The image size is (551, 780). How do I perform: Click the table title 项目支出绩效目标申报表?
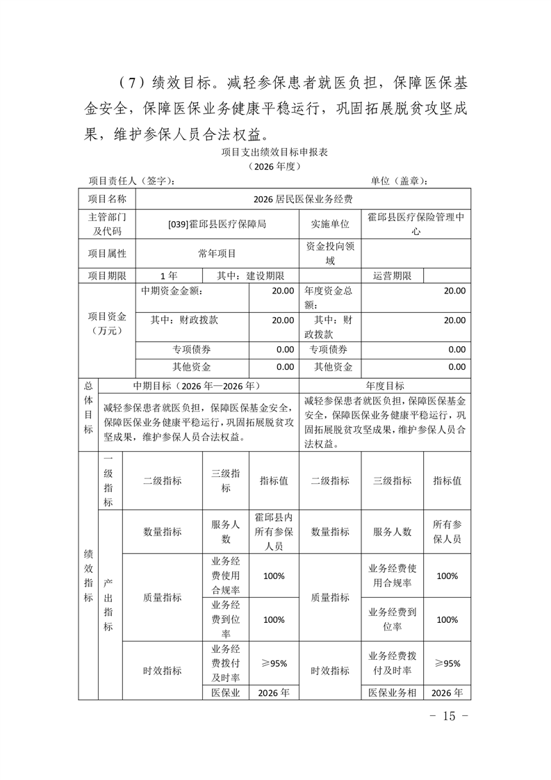coord(274,151)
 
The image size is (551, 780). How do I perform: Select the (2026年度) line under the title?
coord(274,166)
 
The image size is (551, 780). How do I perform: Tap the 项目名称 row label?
coord(107,199)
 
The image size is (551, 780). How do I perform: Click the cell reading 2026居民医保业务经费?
coord(303,199)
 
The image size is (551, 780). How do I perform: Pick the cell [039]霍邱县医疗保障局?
coord(217,224)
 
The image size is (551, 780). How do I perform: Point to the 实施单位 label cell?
coord(330,224)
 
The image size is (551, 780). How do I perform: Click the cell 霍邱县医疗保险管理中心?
coord(416,224)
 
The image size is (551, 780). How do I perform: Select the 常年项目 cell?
coord(217,254)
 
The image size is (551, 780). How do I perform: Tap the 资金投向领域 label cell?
coord(330,254)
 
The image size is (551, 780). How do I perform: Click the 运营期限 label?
coord(392,276)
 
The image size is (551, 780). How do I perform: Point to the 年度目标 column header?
coord(385,386)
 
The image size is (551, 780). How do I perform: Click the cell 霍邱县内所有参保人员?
coord(274,532)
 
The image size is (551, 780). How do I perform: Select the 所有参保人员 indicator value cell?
coord(447,532)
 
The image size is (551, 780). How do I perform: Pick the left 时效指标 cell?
coord(163,670)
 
